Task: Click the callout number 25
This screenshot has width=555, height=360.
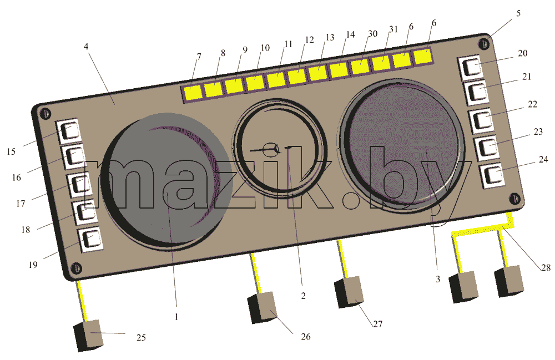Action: click(x=141, y=337)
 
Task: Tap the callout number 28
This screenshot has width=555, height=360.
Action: click(x=546, y=267)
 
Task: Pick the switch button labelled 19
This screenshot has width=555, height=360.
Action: click(x=90, y=240)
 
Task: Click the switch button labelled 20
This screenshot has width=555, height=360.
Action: click(x=471, y=67)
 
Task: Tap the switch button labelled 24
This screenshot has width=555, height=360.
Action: click(x=492, y=175)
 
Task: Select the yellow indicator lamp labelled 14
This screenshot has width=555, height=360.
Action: click(x=339, y=69)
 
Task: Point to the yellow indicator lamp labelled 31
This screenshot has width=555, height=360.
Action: click(x=381, y=63)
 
